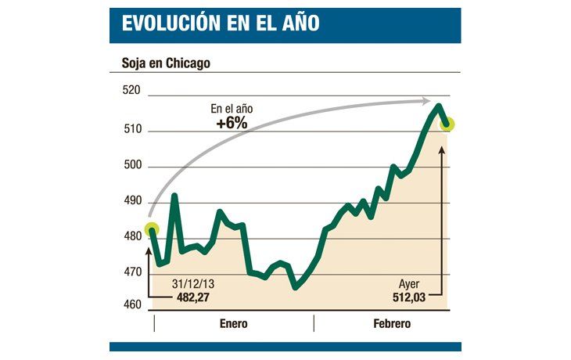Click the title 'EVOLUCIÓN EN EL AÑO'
click(x=221, y=23)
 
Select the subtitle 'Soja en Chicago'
click(x=166, y=63)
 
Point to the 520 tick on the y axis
click(x=131, y=91)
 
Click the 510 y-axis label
click(x=131, y=129)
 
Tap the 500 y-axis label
click(x=131, y=165)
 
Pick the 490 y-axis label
click(x=131, y=201)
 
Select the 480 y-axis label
click(x=131, y=236)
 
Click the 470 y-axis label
click(x=131, y=272)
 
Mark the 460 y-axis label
click(x=131, y=304)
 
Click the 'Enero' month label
click(x=234, y=323)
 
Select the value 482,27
click(x=192, y=297)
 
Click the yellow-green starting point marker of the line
click(x=151, y=230)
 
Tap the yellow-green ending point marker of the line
click(x=448, y=124)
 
